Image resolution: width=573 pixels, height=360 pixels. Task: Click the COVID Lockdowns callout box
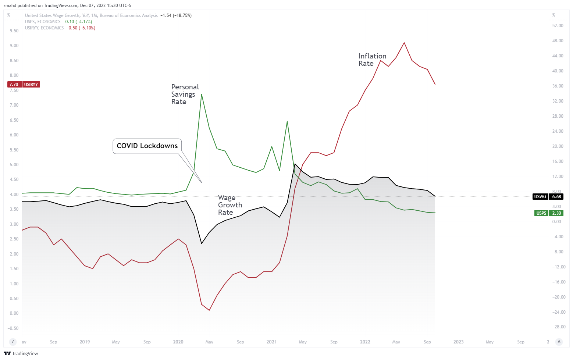147,146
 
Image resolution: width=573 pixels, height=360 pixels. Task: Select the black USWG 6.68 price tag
548,197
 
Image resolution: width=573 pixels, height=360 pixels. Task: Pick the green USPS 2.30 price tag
548,213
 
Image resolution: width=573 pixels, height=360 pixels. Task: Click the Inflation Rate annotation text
372,60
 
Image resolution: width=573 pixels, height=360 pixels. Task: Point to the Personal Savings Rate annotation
185,94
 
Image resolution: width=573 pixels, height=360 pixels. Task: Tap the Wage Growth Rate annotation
230,205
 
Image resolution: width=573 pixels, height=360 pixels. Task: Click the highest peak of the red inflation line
404,43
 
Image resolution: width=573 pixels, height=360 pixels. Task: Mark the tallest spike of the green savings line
202,94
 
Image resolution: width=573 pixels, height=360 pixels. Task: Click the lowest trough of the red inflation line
209,310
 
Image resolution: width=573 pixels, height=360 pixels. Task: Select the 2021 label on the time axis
271,342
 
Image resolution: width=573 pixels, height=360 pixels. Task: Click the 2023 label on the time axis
458,342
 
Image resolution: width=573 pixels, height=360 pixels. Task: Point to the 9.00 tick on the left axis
14,46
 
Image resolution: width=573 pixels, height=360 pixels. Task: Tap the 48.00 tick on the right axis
558,41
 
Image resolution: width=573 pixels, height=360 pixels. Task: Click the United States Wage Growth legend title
91,15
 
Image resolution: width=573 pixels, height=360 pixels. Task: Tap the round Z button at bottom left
13,342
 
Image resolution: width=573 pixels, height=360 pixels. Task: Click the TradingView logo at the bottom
21,353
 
